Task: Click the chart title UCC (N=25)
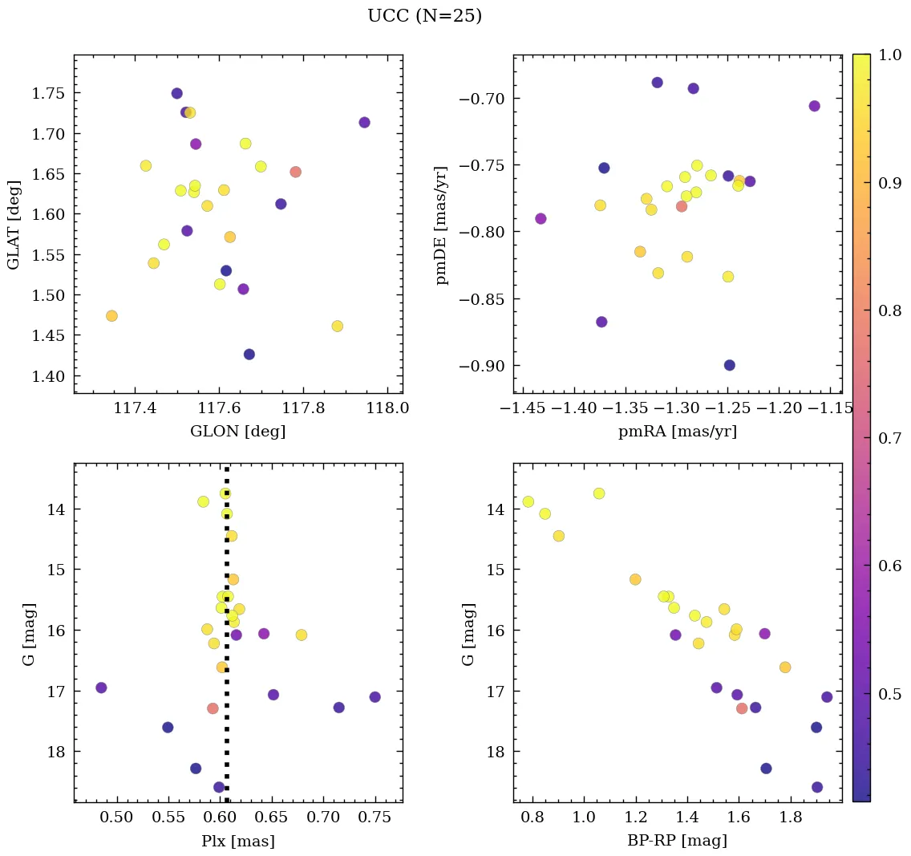point(424,16)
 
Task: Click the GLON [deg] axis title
point(237,432)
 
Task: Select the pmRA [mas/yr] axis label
point(677,432)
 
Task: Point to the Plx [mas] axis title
point(237,842)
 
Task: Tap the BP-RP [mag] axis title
point(677,842)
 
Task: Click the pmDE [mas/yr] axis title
point(442,225)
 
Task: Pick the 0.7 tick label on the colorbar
point(889,438)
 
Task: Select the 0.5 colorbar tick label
point(889,694)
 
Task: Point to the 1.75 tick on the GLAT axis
point(49,93)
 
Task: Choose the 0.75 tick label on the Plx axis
point(375,817)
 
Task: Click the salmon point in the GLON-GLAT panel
point(295,172)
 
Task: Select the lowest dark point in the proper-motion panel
point(729,365)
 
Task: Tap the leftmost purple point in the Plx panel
point(101,688)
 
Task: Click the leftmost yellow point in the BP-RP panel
point(528,501)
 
